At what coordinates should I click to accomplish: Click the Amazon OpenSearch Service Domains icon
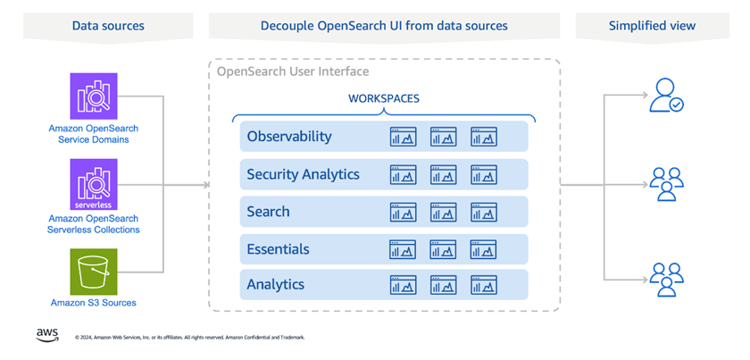(94, 96)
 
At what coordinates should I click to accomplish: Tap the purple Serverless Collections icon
(94, 185)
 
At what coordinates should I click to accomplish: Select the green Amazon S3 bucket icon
(94, 271)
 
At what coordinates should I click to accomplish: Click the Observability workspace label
(289, 137)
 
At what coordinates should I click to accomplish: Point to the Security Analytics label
(304, 174)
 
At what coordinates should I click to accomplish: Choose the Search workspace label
(268, 212)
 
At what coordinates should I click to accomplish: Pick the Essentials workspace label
(278, 249)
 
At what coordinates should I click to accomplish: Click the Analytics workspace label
(276, 285)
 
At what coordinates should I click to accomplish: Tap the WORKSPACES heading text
(384, 99)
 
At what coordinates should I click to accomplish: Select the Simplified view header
(652, 26)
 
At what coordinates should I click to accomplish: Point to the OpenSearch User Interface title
(293, 71)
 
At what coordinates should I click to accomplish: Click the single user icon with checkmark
(666, 96)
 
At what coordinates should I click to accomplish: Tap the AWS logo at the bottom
(47, 334)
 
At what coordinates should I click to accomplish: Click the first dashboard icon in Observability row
(403, 137)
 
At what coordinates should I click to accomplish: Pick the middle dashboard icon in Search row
(443, 212)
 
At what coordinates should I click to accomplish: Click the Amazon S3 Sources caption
(94, 303)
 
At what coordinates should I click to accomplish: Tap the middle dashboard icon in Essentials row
(443, 249)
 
